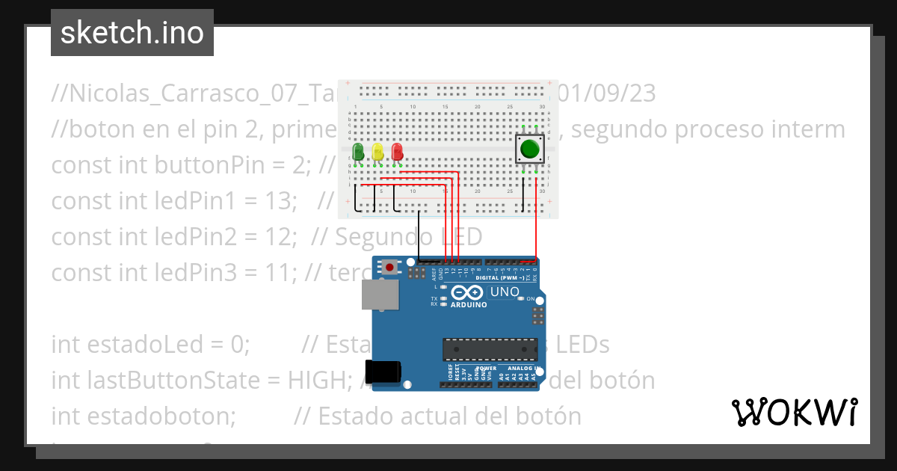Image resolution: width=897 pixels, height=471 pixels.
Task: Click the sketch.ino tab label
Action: (x=132, y=33)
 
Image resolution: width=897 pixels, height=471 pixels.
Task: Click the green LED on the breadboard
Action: (x=358, y=152)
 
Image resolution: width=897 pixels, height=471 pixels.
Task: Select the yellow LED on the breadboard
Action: (x=377, y=152)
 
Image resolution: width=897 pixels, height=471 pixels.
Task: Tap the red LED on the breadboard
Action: (x=397, y=152)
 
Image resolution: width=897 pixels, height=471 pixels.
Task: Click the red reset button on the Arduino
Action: (x=389, y=266)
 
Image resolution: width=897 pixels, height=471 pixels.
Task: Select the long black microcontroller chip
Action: (x=490, y=349)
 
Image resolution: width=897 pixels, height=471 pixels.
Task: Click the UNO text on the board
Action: (x=504, y=291)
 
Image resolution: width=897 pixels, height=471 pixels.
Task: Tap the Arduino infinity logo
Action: (x=468, y=292)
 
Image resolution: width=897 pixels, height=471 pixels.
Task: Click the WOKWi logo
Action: (x=794, y=412)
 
